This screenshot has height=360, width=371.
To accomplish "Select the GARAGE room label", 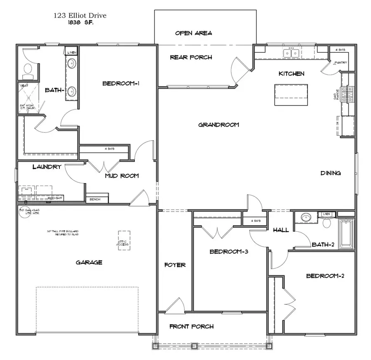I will (89, 262).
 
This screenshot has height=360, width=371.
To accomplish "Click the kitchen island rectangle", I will (291, 94).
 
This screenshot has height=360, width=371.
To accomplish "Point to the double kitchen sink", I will (292, 53).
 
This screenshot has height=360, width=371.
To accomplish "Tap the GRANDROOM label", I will (218, 125).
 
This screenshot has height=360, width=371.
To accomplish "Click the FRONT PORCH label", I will (191, 327).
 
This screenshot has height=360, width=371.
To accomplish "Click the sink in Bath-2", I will (305, 218).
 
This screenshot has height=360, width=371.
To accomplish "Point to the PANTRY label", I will (341, 63).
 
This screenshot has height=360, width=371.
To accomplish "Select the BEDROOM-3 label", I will (228, 252).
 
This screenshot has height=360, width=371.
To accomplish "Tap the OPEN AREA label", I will (193, 33).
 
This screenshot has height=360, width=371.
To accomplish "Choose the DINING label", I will (331, 173).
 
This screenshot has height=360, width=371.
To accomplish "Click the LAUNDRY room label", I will (47, 167).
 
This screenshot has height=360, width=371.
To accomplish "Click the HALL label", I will (281, 230).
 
